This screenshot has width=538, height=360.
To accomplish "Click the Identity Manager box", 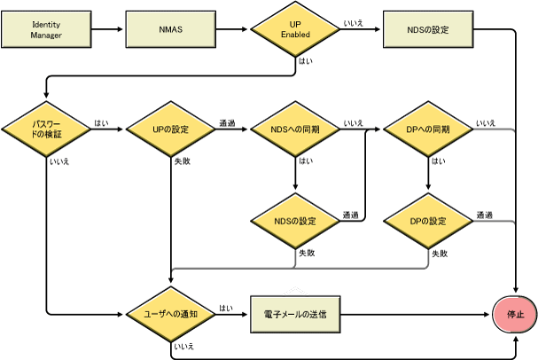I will tap(45, 29).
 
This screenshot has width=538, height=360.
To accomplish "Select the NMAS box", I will tap(170, 29).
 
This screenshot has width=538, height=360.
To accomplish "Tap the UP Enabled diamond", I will tap(295, 29).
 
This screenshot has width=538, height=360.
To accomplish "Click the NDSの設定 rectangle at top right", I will tap(427, 29).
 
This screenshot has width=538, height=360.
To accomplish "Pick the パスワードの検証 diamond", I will tap(45, 129).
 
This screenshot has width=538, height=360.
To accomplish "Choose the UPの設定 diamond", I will tap(170, 129).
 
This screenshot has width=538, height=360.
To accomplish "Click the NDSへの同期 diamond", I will tap(295, 129).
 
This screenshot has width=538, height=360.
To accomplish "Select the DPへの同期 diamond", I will tap(427, 129).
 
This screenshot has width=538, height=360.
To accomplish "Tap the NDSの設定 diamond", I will tap(295, 221).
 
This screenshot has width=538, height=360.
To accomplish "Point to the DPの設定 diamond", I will tap(427, 221).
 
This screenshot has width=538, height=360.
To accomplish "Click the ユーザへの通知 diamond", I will tap(170, 314).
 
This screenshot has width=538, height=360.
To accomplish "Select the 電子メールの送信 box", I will tap(294, 314).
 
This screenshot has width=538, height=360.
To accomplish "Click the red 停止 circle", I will tap(515, 314).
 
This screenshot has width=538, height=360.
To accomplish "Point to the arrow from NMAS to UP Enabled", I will tap(232, 29).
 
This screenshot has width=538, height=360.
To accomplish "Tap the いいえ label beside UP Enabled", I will tap(352, 23).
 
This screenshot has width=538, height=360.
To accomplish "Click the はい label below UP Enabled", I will tap(306, 61).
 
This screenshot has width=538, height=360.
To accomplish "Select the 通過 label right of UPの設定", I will tap(227, 123).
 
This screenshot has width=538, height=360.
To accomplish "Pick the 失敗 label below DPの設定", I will tap(439, 253).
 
